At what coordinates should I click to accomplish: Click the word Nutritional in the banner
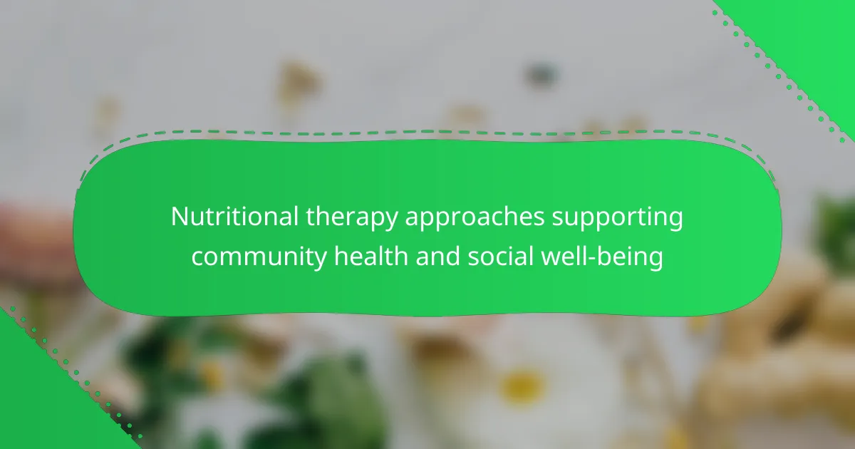(234, 217)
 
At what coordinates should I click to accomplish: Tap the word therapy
(351, 218)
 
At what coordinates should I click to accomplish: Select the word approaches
(475, 218)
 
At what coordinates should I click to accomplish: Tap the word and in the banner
(437, 256)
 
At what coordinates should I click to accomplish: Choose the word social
(500, 256)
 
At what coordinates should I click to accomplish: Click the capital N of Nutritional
(180, 217)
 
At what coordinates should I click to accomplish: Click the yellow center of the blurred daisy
(522, 386)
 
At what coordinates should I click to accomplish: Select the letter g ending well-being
(655, 262)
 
